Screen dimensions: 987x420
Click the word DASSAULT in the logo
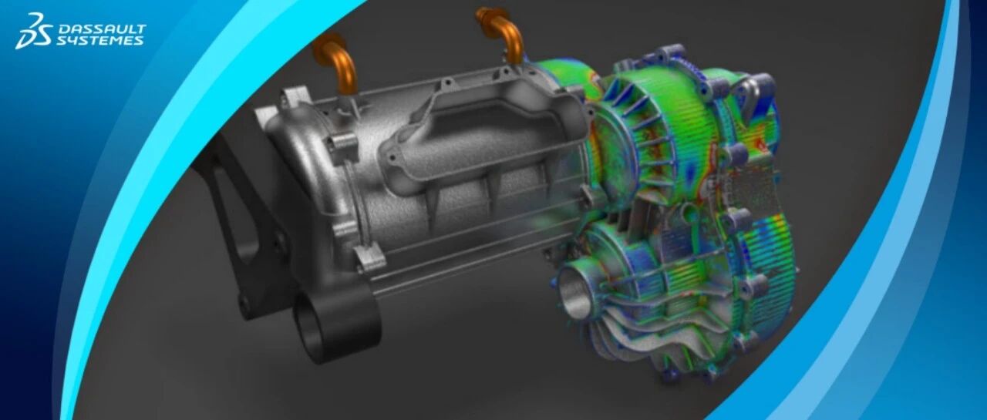point(103,29)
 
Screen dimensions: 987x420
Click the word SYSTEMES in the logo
point(100,41)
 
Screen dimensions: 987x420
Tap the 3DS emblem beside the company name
point(34,30)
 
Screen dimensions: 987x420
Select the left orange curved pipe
point(336,66)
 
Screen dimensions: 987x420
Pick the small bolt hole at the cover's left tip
point(390,156)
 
